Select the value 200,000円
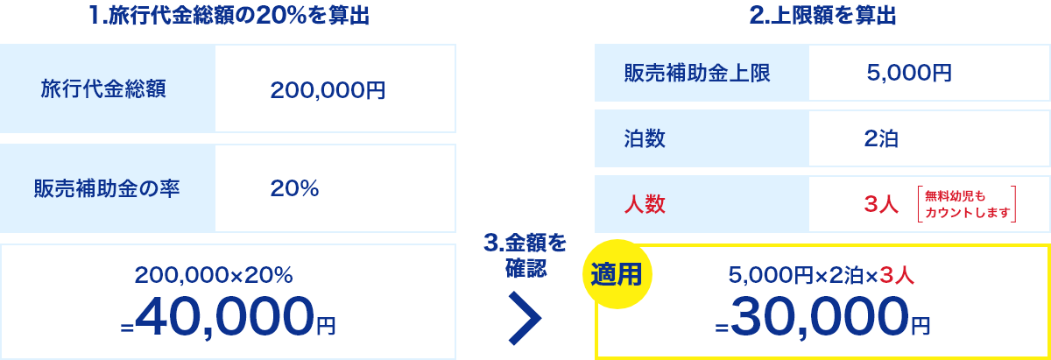[x=328, y=89]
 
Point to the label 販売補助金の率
[x=107, y=188]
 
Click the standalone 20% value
[x=294, y=188]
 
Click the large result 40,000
[x=225, y=316]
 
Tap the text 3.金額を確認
[x=525, y=255]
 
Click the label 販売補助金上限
[x=697, y=73]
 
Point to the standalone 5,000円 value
[x=909, y=73]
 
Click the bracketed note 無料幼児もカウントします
[x=967, y=204]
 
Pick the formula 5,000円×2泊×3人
[x=822, y=276]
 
